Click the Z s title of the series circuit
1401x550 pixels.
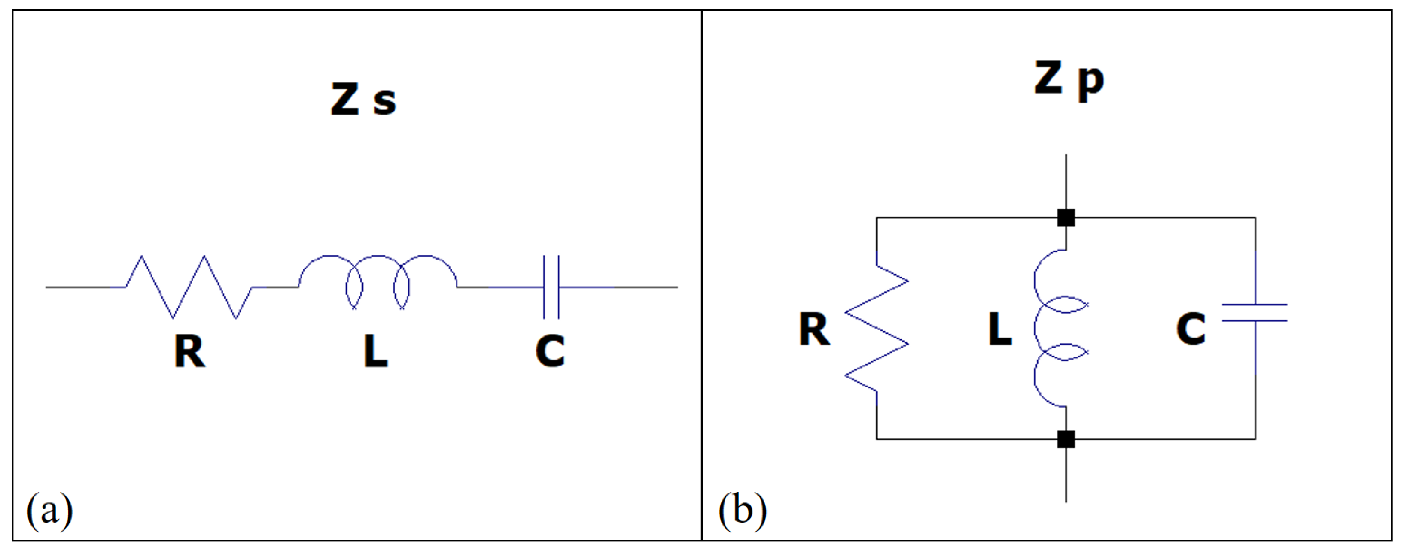pyautogui.click(x=363, y=100)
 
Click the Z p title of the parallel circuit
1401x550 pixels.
pyautogui.click(x=1069, y=80)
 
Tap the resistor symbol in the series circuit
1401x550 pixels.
pyautogui.click(x=189, y=287)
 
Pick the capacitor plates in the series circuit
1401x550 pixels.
pyautogui.click(x=551, y=287)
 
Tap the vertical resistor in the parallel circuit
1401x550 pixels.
pyautogui.click(x=877, y=328)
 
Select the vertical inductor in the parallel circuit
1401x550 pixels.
pyautogui.click(x=1055, y=328)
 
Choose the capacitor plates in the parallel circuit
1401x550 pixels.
pyautogui.click(x=1255, y=312)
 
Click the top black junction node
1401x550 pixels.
pyautogui.click(x=1066, y=218)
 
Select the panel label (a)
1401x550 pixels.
pyautogui.click(x=49, y=511)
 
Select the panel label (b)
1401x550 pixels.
pyautogui.click(x=743, y=511)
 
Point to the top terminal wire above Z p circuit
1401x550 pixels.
pyautogui.click(x=1066, y=182)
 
